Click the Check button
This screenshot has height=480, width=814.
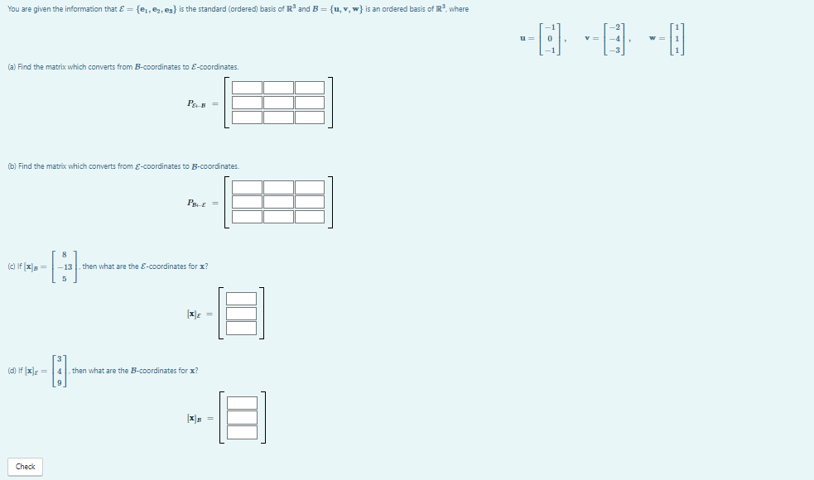point(26,467)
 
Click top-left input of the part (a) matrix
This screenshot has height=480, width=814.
point(247,89)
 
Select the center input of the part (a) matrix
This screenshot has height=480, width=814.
point(278,103)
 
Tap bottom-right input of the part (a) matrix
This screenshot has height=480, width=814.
point(309,118)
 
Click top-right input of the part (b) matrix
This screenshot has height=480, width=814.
point(309,187)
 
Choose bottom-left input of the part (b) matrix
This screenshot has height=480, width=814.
point(247,216)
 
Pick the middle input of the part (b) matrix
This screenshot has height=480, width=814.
point(278,201)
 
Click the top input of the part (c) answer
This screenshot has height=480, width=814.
point(241,300)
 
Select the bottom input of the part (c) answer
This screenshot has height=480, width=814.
point(241,329)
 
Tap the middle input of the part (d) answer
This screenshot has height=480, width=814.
point(241,417)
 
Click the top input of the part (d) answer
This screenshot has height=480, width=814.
point(241,403)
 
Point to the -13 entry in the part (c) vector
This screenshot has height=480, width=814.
point(65,266)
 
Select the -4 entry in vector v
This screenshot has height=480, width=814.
point(613,39)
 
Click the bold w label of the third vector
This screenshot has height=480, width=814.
point(653,39)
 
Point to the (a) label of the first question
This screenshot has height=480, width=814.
point(12,66)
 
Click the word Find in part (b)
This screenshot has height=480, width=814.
point(25,166)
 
